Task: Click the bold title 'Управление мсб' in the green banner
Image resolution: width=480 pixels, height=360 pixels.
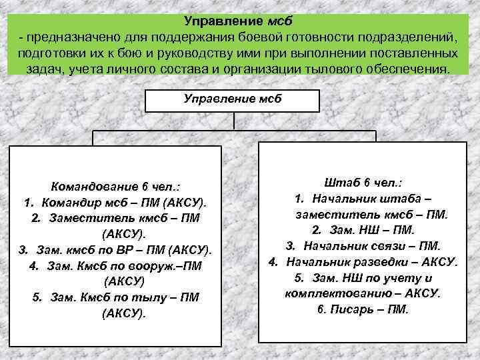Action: click(x=239, y=19)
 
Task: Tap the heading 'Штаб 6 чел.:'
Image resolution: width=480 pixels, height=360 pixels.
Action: click(x=365, y=182)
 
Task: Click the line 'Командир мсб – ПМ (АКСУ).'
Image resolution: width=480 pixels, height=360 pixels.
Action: click(x=115, y=203)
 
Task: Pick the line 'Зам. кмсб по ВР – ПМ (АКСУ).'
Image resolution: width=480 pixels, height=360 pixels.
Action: click(x=115, y=249)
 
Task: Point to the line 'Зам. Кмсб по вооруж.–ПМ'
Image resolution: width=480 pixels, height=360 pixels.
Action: click(x=115, y=265)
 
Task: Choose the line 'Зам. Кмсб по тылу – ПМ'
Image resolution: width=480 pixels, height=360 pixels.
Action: click(x=115, y=297)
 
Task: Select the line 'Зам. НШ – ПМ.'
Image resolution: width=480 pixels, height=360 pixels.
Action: click(x=363, y=230)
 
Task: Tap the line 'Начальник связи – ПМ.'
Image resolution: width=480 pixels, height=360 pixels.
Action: click(x=363, y=245)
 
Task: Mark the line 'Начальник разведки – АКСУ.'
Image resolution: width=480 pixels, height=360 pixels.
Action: click(x=363, y=261)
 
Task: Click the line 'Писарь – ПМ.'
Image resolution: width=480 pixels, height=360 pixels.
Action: click(x=363, y=309)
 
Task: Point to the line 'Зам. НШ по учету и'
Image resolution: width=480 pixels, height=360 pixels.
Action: click(x=363, y=277)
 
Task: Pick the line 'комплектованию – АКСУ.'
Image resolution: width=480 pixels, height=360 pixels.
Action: click(x=363, y=293)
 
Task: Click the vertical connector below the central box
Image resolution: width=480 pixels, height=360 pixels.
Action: click(x=233, y=121)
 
